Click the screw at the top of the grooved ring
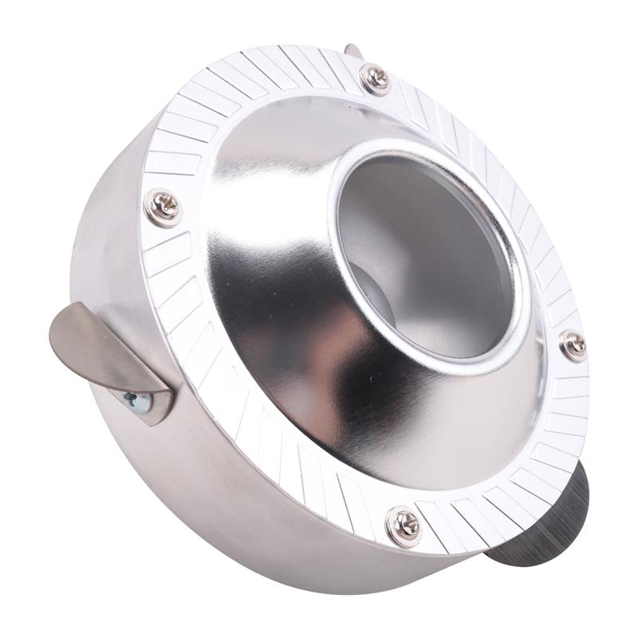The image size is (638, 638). [375, 78]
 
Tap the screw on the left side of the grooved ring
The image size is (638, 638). [163, 207]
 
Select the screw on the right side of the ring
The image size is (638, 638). [573, 345]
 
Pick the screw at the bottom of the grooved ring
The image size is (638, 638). [404, 526]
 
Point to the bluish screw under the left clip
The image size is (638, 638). [137, 401]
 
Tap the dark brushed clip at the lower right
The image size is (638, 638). [550, 518]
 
